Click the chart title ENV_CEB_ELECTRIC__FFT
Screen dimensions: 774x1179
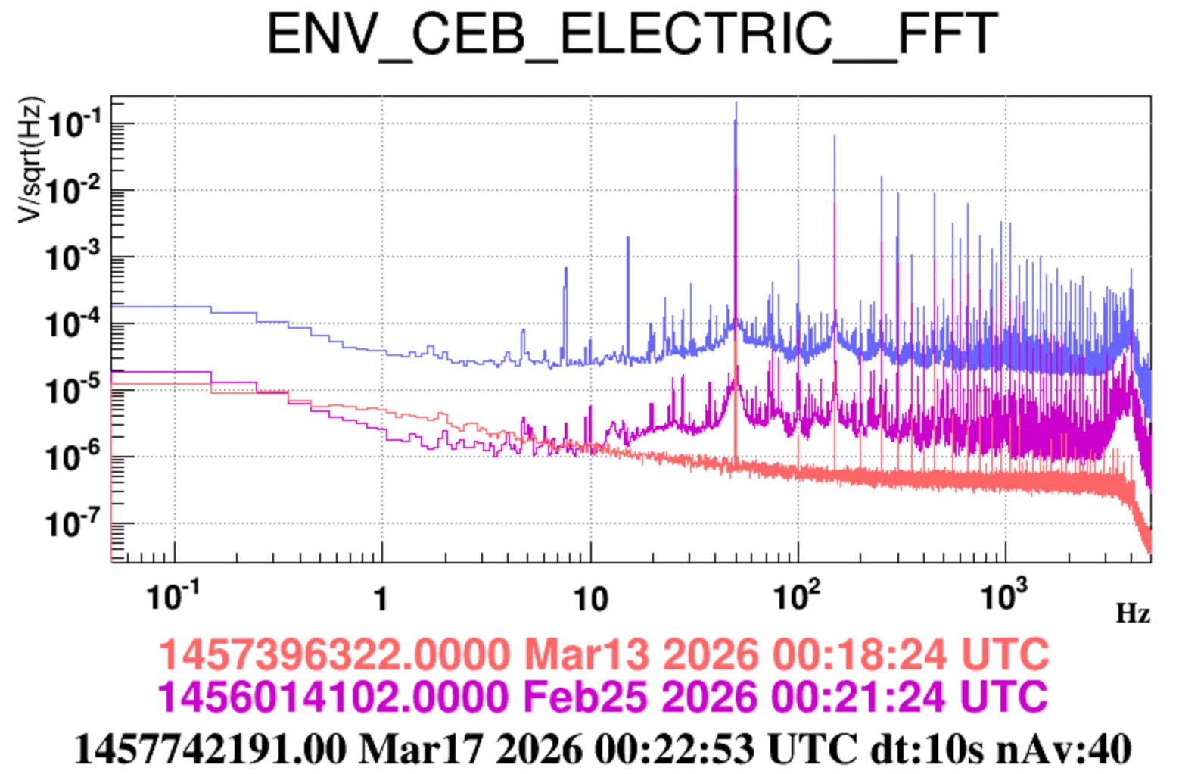click(633, 34)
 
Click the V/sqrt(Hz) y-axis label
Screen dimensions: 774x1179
click(31, 160)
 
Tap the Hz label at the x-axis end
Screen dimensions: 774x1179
click(1133, 613)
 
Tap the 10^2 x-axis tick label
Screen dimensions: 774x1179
click(797, 597)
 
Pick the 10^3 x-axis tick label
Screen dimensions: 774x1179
click(1005, 597)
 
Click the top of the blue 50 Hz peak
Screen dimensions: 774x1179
click(736, 104)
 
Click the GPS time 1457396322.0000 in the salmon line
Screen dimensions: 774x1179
click(334, 654)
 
